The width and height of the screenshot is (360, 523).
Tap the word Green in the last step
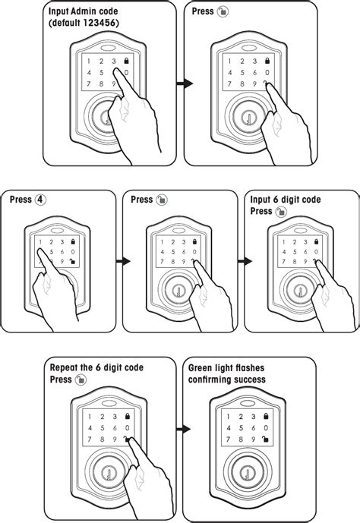[x=201, y=368]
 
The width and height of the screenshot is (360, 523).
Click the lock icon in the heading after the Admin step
[x=221, y=13]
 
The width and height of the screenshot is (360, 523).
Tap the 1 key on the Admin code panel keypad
[x=89, y=60]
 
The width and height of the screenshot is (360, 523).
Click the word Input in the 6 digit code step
[x=263, y=200]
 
